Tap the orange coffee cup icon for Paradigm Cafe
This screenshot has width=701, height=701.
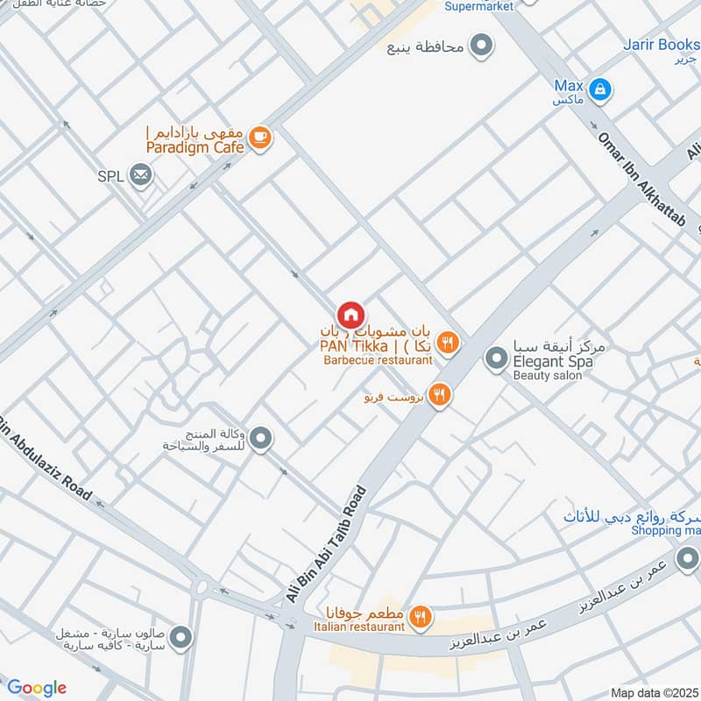pyautogui.click(x=259, y=138)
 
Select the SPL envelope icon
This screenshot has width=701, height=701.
pyautogui.click(x=140, y=176)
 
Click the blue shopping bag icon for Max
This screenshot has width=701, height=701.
pyautogui.click(x=600, y=89)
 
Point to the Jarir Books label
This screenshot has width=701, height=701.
pyautogui.click(x=661, y=44)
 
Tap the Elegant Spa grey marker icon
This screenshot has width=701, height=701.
pyautogui.click(x=496, y=358)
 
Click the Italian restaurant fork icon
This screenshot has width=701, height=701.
pyautogui.click(x=421, y=618)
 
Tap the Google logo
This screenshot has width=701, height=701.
pyautogui.click(x=37, y=688)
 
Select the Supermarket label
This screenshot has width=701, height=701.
pyautogui.click(x=481, y=7)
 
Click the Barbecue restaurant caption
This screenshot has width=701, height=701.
pyautogui.click(x=378, y=360)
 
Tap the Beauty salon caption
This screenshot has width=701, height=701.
pyautogui.click(x=548, y=375)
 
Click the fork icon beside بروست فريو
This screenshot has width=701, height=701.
pyautogui.click(x=439, y=395)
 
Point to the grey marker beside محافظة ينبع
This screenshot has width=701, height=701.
pyautogui.click(x=480, y=45)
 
